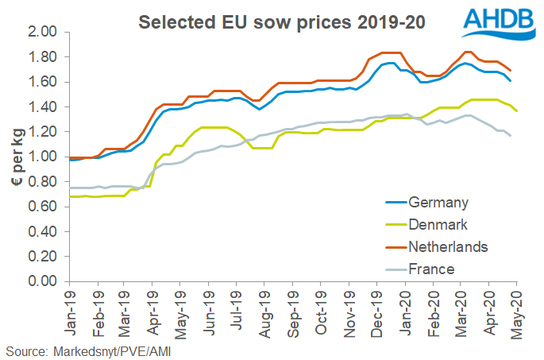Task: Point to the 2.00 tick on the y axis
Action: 46,33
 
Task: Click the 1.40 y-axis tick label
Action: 46,107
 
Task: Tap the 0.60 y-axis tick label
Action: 46,207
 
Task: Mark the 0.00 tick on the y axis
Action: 46,281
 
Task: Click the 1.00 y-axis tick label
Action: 46,157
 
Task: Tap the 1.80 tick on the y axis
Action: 46,57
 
